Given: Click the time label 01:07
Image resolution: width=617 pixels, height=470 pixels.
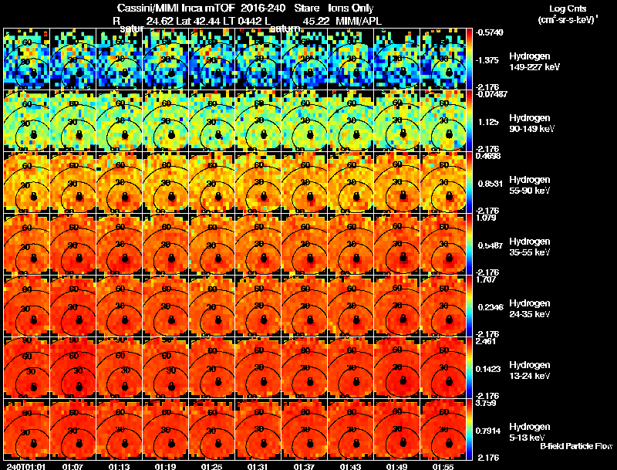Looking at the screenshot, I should (x=73, y=466).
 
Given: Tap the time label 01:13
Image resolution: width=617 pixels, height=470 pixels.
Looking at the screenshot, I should (x=119, y=466).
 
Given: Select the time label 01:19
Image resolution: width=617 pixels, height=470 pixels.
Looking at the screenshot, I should (x=165, y=466).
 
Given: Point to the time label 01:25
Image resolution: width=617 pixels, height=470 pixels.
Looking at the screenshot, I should (x=211, y=466).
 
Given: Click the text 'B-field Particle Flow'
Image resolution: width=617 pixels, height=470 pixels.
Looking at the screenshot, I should (x=575, y=446).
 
